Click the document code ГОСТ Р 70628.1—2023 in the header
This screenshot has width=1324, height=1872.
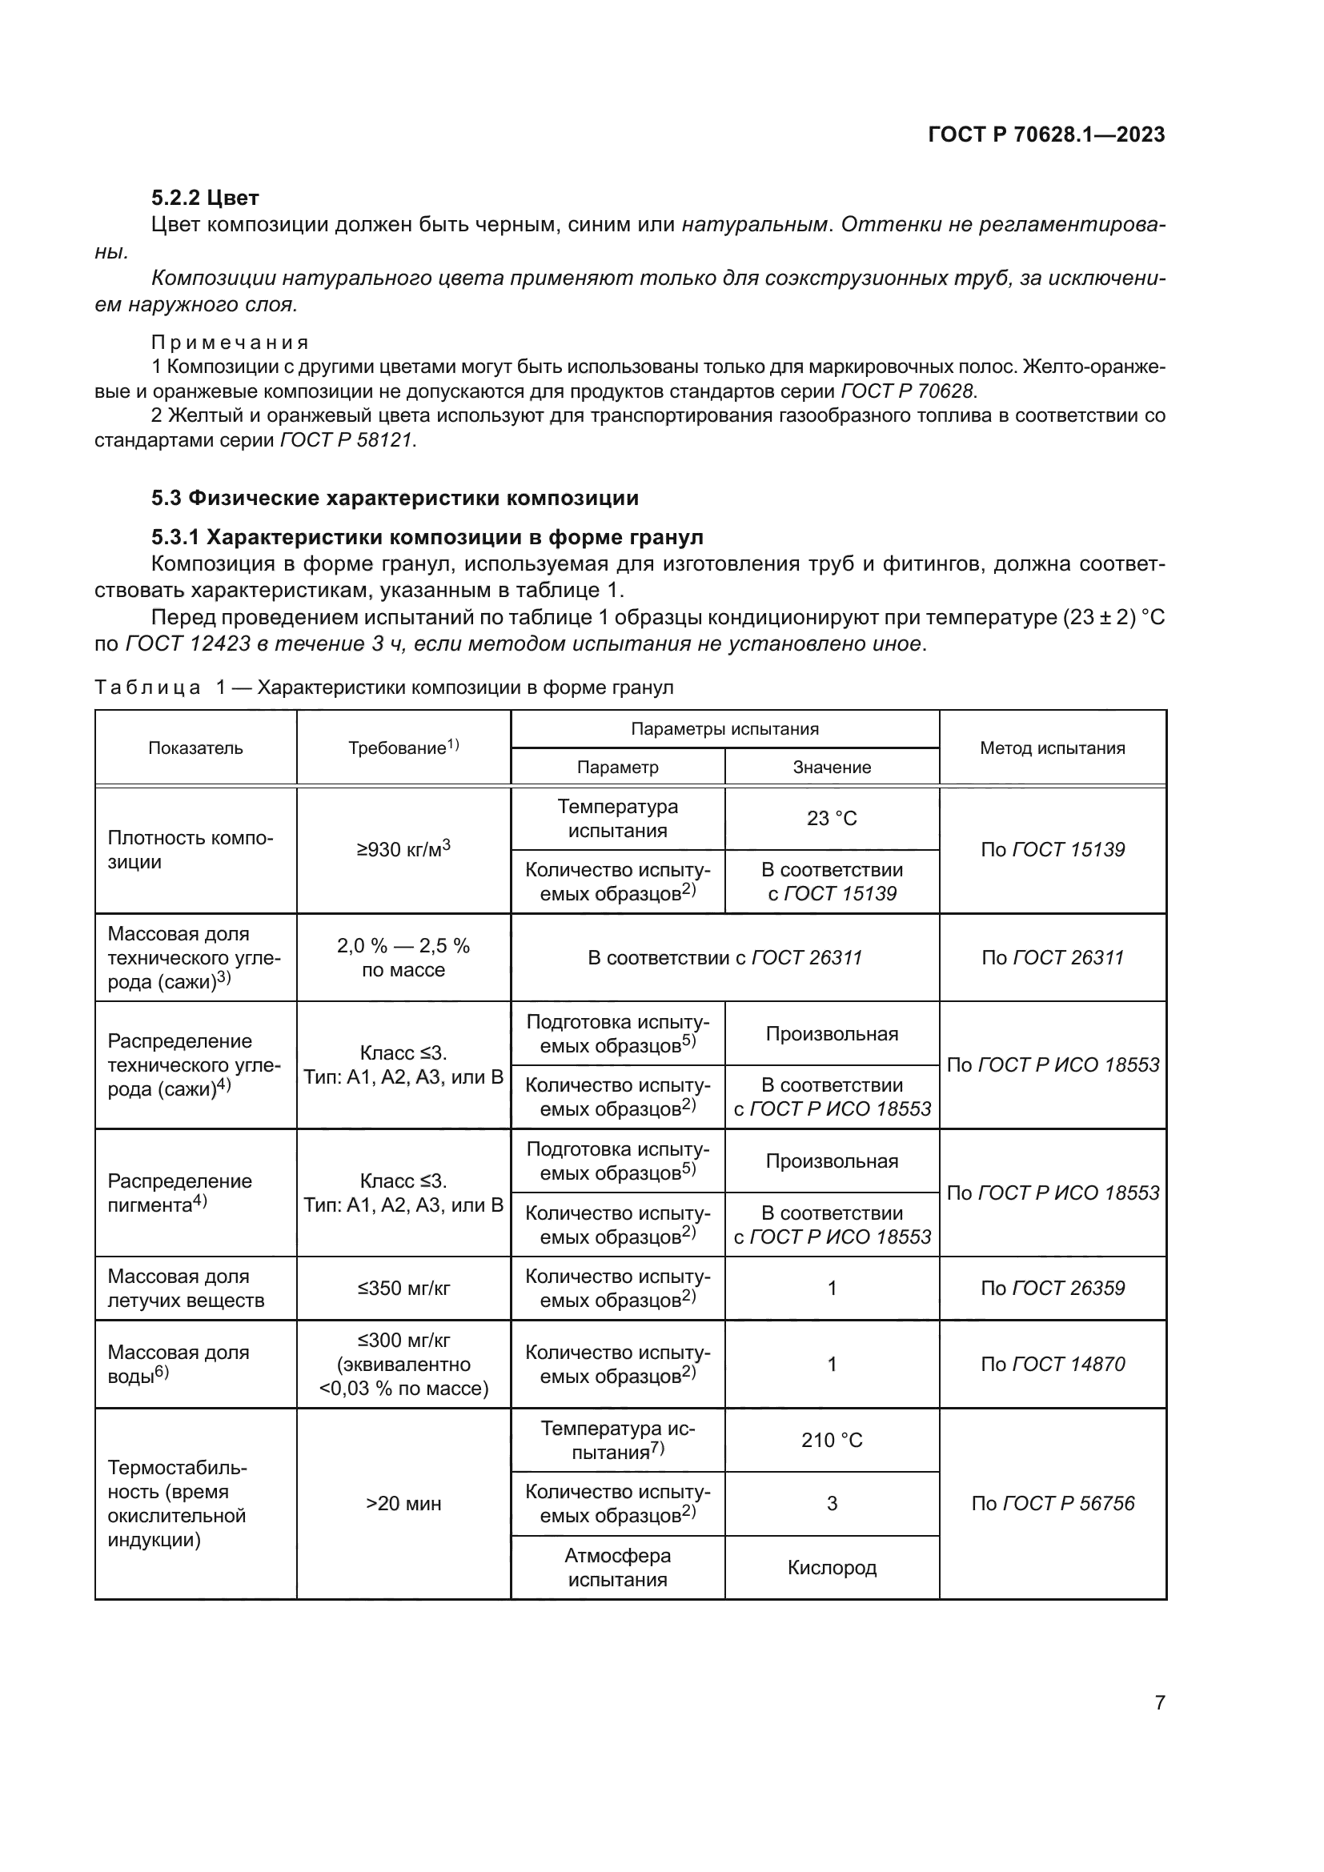tap(1046, 134)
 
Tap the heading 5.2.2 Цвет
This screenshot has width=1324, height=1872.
tap(205, 198)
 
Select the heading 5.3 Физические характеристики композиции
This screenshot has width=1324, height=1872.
tap(395, 497)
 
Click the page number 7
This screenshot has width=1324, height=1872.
tap(1159, 1702)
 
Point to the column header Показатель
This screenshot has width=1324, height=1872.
tap(195, 748)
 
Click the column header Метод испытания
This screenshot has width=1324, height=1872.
tap(1052, 748)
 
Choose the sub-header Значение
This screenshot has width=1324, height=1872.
tap(832, 768)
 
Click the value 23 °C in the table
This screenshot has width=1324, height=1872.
tap(832, 818)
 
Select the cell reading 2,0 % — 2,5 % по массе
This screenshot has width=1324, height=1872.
tap(403, 957)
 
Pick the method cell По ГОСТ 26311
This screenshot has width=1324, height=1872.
tap(1052, 957)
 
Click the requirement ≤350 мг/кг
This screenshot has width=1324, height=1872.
tap(403, 1289)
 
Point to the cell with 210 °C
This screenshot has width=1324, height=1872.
tap(832, 1440)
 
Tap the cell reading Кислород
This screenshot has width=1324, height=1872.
tap(832, 1567)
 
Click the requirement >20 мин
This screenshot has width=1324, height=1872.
tap(403, 1504)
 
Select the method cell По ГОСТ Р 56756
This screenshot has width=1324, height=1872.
tap(1052, 1504)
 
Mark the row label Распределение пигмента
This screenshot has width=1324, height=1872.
tap(179, 1193)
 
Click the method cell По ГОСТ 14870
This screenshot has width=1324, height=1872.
tap(1052, 1364)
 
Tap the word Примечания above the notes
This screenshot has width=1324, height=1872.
tap(230, 343)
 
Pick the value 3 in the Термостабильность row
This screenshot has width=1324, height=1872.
tap(832, 1504)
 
